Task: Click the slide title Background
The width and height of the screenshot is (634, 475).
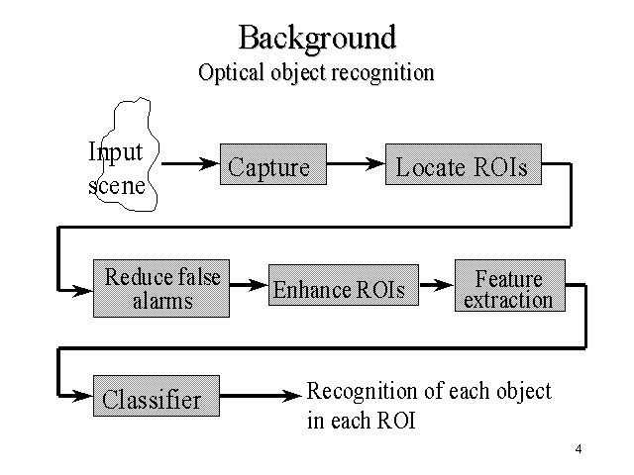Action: tap(317, 38)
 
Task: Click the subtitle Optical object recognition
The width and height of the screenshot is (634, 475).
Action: tap(316, 73)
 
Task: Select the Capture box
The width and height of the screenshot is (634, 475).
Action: tap(269, 167)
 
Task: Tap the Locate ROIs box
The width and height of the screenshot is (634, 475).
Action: tap(464, 167)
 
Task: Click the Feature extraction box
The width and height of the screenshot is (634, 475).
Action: tap(509, 288)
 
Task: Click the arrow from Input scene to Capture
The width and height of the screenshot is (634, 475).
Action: tap(190, 162)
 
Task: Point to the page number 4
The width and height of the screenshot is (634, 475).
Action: tap(578, 450)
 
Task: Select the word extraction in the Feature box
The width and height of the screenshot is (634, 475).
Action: tap(509, 300)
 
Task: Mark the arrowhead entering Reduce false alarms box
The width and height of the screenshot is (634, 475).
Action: tap(85, 289)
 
